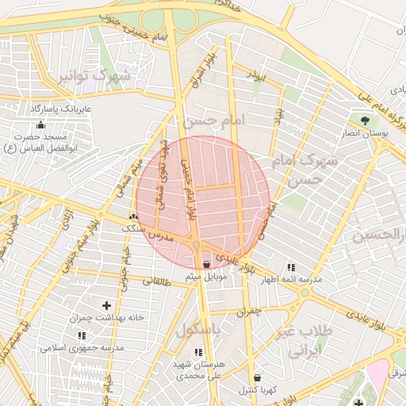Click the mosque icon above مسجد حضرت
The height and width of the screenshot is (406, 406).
coord(40,124)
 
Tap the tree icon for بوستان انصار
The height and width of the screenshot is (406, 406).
coord(365,121)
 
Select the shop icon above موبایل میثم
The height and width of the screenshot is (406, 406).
coord(208,263)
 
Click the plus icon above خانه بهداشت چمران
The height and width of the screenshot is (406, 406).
coord(107,304)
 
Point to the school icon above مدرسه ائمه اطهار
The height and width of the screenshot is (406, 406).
coord(290,267)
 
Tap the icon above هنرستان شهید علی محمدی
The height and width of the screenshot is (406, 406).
coord(198,351)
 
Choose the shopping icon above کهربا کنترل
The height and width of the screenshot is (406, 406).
coord(256,377)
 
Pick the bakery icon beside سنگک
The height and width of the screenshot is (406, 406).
coord(133,216)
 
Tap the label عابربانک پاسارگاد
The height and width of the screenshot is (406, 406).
coord(62,107)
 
